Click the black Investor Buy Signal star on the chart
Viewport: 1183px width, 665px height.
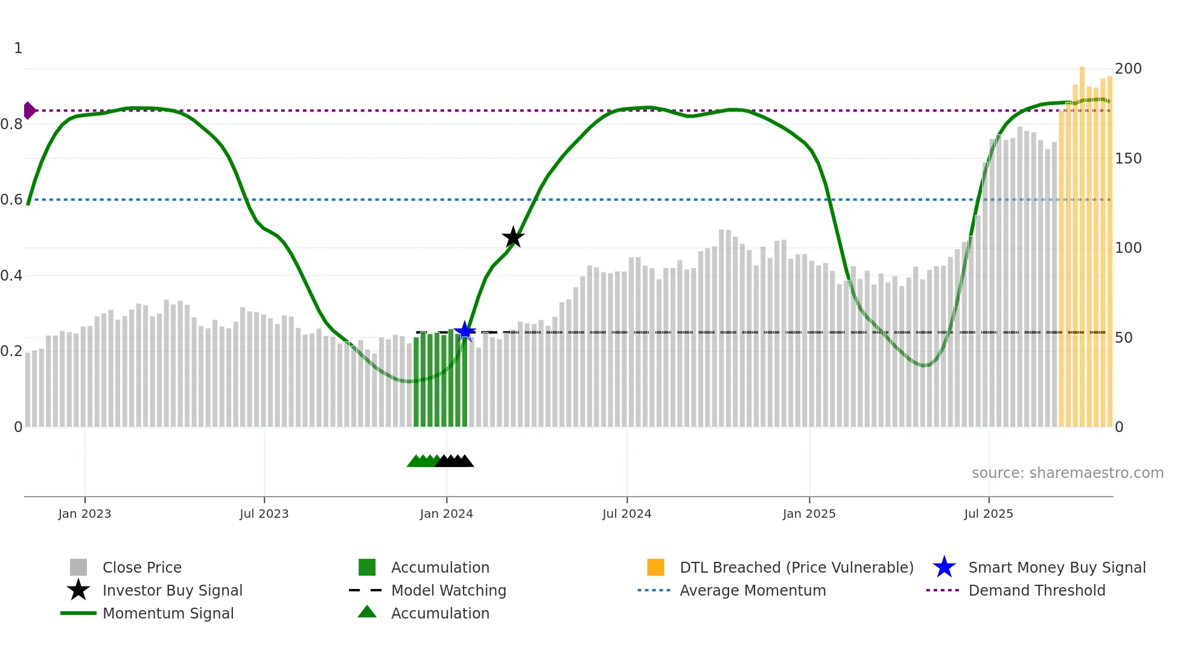tap(513, 237)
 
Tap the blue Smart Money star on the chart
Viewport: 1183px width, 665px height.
tap(465, 331)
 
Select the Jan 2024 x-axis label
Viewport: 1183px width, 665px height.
tap(446, 514)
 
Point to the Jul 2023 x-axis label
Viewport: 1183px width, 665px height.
tap(264, 514)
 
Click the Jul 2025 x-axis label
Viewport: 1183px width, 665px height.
tap(988, 514)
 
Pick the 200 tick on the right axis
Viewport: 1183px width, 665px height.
tap(1127, 69)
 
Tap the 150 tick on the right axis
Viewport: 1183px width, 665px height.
tap(1127, 159)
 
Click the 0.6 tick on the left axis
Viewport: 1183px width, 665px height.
tap(11, 200)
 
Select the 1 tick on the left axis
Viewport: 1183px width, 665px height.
tap(18, 48)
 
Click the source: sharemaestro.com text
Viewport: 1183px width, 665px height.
tap(1067, 473)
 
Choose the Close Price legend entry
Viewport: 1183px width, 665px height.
tap(142, 568)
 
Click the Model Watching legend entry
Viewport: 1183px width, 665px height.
tap(448, 591)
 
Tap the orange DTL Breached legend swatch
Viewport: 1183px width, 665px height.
tap(655, 567)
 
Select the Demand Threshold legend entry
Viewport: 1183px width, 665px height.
tap(1036, 591)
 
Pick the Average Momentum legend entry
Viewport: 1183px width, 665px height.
tap(753, 591)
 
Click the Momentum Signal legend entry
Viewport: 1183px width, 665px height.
tap(168, 614)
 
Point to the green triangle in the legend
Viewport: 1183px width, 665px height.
tap(367, 612)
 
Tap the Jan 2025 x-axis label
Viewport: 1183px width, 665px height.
tap(809, 514)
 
